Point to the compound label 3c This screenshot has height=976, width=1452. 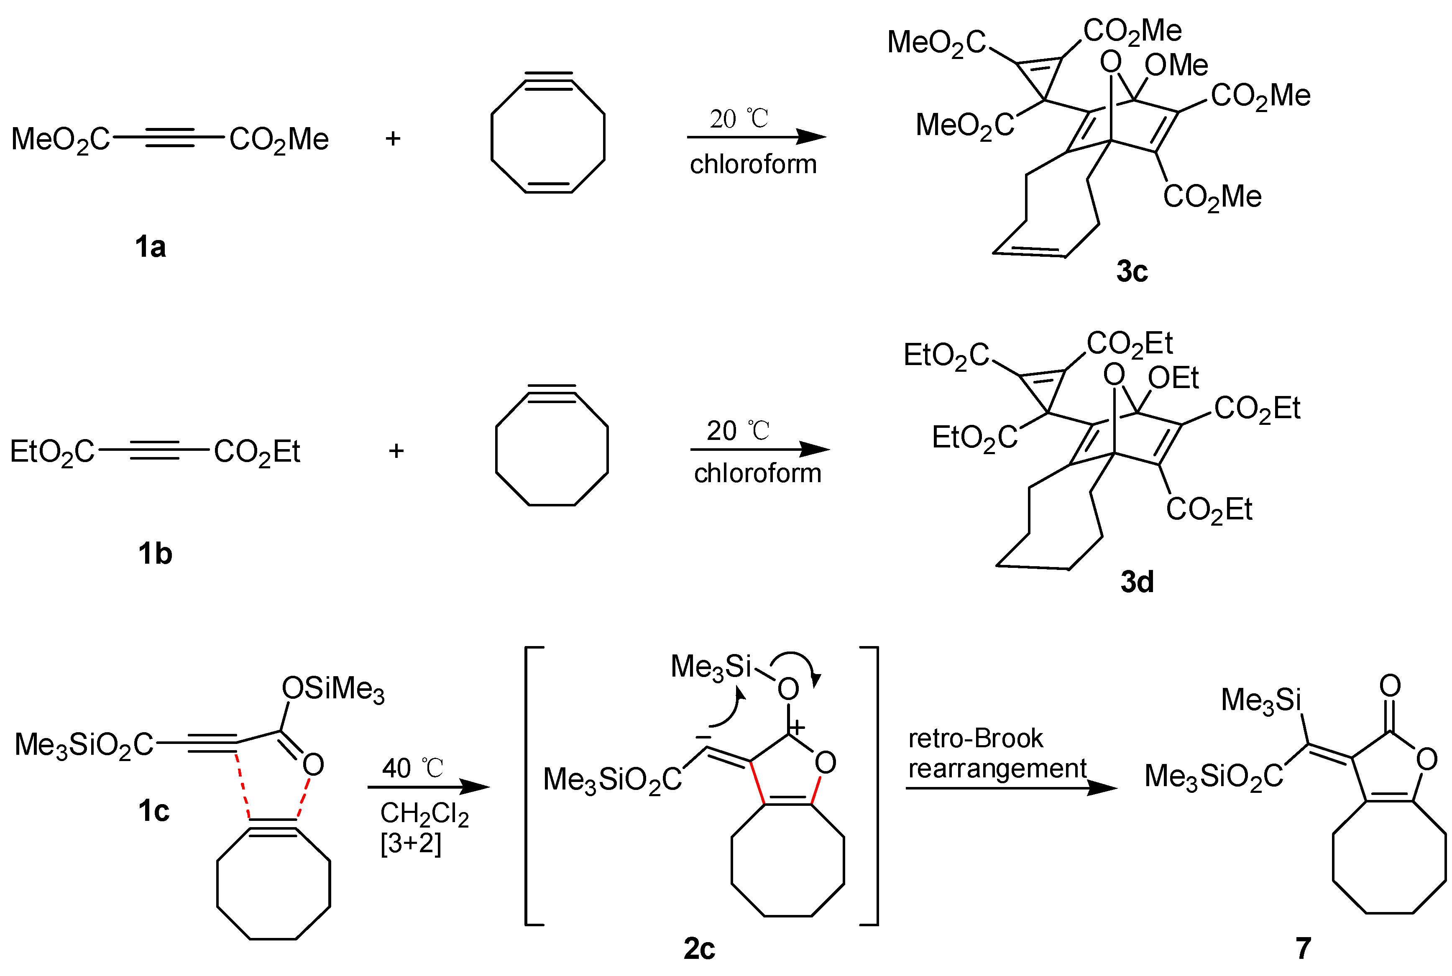tap(1132, 271)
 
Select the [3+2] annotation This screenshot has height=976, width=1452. tap(411, 843)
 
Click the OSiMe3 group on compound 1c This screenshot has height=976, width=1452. tap(333, 689)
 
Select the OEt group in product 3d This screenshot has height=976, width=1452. tap(1173, 378)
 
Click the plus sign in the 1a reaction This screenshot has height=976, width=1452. tap(393, 138)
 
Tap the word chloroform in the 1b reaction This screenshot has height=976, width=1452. tap(757, 473)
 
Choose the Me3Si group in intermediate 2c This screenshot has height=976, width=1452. tap(711, 667)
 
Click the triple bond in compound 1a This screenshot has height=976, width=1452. tap(169, 138)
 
